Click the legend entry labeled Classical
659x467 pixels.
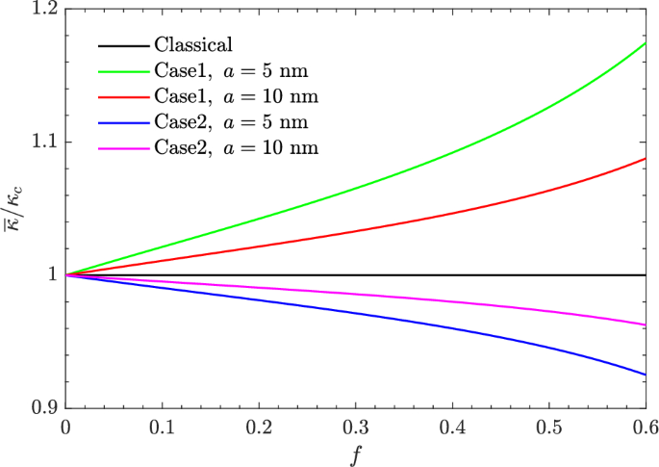pos(194,44)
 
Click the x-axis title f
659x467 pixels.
pos(355,452)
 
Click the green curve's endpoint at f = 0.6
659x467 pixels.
pos(645,43)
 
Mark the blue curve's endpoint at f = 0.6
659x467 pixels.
pos(645,375)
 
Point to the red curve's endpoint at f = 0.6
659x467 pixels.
pos(645,159)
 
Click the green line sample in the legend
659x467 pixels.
pos(122,70)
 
